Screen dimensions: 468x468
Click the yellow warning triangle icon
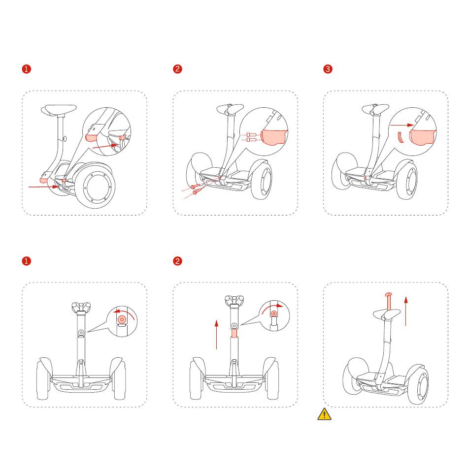324,414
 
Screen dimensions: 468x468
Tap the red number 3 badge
328,69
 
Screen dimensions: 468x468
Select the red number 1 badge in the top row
26,69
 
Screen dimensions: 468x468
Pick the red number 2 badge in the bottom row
177,261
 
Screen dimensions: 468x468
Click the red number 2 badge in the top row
177,69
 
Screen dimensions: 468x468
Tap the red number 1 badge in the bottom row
26,261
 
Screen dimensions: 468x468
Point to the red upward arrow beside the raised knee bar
406,311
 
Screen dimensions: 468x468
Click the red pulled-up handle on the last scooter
389,302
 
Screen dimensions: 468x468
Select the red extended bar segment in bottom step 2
234,333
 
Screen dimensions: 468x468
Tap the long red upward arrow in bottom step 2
216,334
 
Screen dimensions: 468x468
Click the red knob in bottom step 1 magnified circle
122,319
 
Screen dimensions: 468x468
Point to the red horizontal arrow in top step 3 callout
402,125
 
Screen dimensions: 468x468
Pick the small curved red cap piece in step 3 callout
400,137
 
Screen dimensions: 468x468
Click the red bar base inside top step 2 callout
274,137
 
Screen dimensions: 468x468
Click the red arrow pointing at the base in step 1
44,187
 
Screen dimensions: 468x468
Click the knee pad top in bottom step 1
81,307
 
